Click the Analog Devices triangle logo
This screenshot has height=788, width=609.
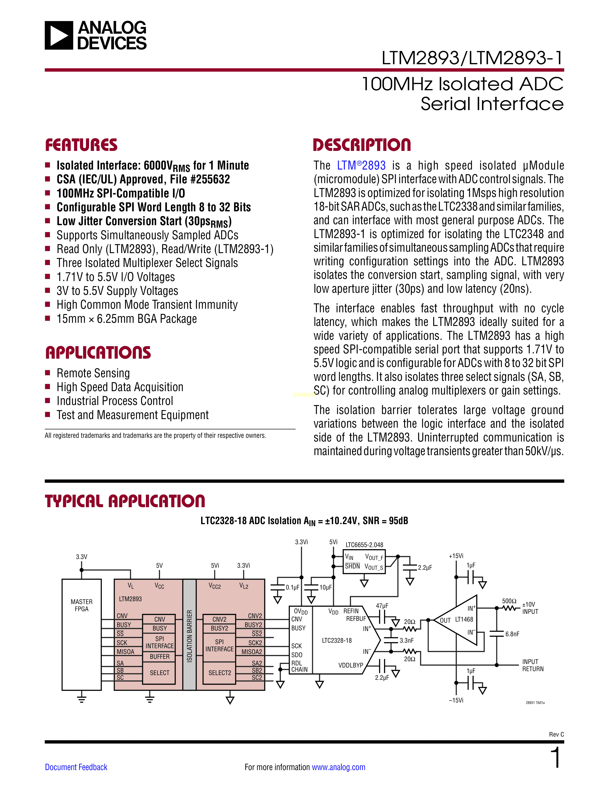pyautogui.click(x=59, y=35)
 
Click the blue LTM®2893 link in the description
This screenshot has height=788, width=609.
pyautogui.click(x=361, y=166)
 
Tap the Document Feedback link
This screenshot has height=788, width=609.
pyautogui.click(x=76, y=767)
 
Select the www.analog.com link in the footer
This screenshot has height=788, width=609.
pyautogui.click(x=338, y=767)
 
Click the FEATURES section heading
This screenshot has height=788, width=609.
pyautogui.click(x=81, y=145)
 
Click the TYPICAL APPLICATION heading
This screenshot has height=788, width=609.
pyautogui.click(x=125, y=501)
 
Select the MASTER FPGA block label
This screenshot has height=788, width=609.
pyautogui.click(x=81, y=605)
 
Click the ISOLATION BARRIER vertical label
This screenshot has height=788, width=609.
pyautogui.click(x=189, y=636)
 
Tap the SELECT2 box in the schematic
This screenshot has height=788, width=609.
pyautogui.click(x=219, y=672)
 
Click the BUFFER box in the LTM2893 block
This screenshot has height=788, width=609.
pyautogui.click(x=160, y=656)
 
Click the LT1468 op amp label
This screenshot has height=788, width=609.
pyautogui.click(x=464, y=619)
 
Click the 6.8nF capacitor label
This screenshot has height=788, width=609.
pyautogui.click(x=512, y=634)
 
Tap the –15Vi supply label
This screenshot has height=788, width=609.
pyautogui.click(x=456, y=700)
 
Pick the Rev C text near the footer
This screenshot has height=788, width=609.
pyautogui.click(x=556, y=734)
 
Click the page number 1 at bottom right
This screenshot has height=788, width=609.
pyautogui.click(x=556, y=758)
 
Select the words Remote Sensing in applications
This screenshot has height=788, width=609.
pyautogui.click(x=93, y=373)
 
